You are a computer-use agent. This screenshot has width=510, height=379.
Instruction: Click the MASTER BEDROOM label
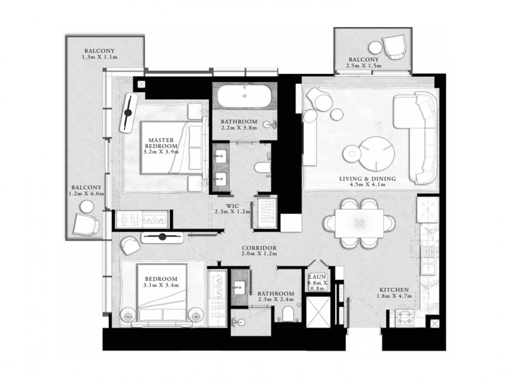161,143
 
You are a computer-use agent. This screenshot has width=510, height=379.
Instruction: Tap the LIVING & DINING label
367,179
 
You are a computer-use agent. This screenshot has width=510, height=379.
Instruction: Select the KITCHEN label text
394,290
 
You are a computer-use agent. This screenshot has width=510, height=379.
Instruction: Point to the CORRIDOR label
259,248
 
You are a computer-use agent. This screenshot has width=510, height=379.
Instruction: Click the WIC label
233,206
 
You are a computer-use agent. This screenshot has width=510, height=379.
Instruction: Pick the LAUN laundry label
317,277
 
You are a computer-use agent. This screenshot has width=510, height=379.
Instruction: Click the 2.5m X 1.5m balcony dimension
364,66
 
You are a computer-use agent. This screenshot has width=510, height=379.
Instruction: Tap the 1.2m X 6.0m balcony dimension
86,194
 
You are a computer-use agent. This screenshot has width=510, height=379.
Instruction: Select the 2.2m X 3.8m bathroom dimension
239,128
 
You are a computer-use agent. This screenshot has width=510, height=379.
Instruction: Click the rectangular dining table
359,223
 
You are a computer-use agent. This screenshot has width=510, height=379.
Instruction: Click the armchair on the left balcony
86,225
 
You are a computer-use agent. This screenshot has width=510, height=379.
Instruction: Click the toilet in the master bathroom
263,168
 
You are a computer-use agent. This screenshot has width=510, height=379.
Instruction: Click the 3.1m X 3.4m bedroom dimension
161,285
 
